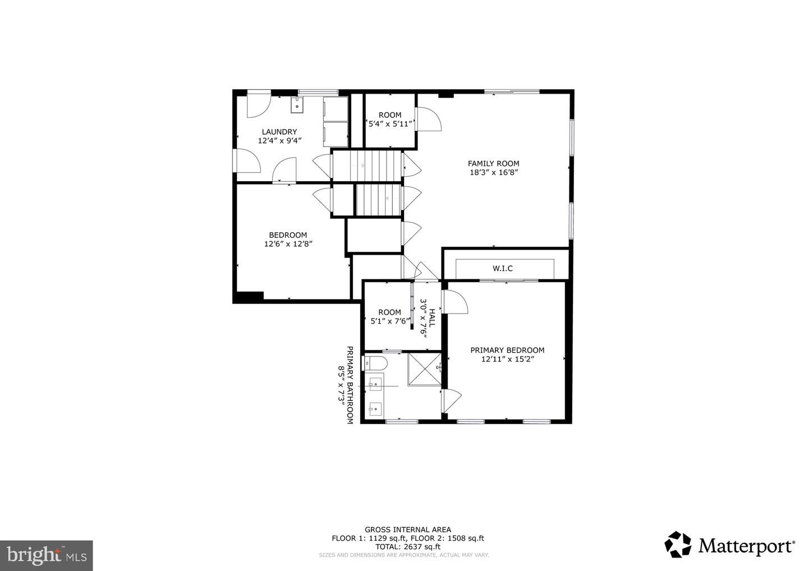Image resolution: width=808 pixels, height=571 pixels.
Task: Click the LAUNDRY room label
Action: (x=279, y=132)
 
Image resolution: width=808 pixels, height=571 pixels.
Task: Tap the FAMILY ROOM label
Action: (x=493, y=164)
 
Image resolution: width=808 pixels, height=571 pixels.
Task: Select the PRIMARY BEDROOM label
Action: (x=507, y=350)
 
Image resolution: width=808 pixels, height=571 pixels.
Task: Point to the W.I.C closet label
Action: (x=503, y=269)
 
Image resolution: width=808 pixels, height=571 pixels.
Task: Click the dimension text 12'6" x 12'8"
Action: (x=288, y=244)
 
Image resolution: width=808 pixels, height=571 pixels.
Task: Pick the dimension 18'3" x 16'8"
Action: (x=493, y=173)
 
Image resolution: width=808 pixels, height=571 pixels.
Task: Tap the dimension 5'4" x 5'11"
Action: (x=390, y=124)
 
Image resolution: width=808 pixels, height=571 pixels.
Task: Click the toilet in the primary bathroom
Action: (x=375, y=363)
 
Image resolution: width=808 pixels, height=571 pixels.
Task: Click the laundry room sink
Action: (x=297, y=104)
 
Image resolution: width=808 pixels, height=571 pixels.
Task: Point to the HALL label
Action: (x=432, y=320)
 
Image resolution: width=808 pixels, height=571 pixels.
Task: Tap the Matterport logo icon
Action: (x=678, y=545)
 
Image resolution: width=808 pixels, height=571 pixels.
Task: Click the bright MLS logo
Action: (x=46, y=555)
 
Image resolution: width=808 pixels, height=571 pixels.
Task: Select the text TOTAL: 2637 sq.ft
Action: (x=407, y=547)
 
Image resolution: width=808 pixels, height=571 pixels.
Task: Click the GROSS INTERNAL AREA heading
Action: (x=407, y=529)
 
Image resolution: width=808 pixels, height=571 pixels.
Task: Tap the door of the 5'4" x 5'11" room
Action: (x=428, y=119)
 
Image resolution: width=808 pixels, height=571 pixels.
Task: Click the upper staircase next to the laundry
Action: (x=368, y=166)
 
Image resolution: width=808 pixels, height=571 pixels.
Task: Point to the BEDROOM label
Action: (x=288, y=235)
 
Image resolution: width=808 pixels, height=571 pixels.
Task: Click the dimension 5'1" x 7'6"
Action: (x=390, y=321)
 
